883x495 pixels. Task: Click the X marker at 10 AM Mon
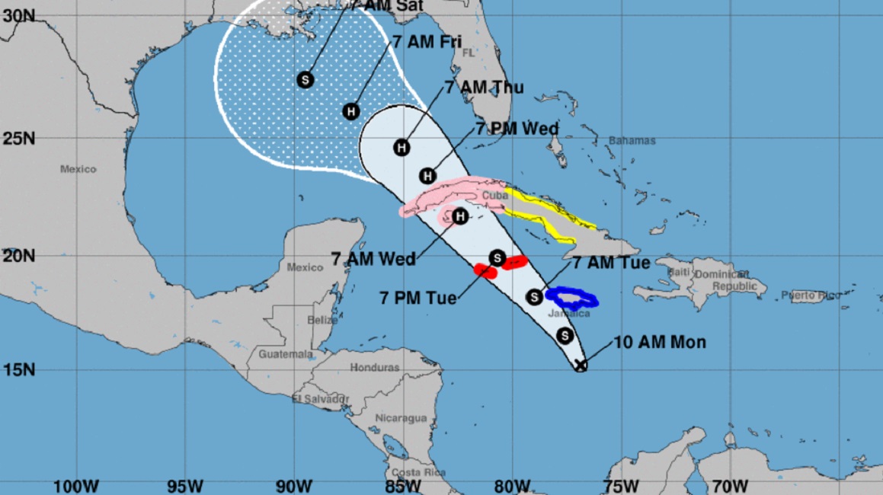tap(581, 366)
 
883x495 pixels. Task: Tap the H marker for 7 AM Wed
tap(459, 217)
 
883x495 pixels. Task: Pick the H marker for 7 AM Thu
tap(402, 147)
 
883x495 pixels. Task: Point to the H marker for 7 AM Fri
tap(350, 111)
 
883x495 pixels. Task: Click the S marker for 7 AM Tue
tap(535, 296)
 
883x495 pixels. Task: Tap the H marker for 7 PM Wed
tap(427, 176)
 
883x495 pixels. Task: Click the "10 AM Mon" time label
tap(660, 342)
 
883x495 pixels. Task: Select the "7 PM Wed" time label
tap(517, 129)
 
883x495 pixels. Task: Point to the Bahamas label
tap(632, 141)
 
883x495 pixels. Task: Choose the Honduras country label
tap(375, 368)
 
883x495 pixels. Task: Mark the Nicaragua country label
tap(401, 418)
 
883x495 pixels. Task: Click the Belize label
tap(322, 321)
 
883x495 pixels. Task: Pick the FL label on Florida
tap(468, 53)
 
